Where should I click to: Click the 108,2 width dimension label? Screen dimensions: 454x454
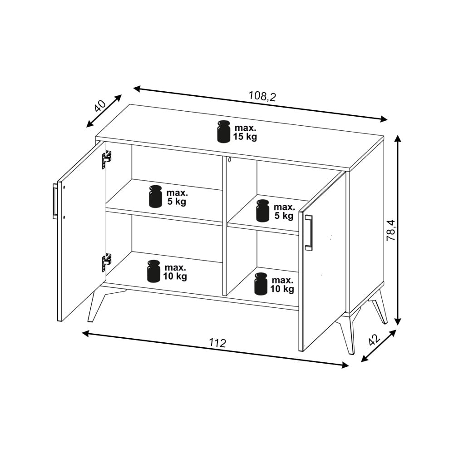tap(262, 96)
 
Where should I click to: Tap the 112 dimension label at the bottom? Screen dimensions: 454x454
tap(217, 343)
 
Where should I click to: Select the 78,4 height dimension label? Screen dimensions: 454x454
tap(390, 230)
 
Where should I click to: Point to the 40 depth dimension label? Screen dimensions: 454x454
tap(100, 106)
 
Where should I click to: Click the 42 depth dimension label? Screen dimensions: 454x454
tap(375, 340)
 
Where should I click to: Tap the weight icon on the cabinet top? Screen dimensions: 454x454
tap(224, 132)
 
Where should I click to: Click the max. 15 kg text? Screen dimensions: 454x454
tap(245, 132)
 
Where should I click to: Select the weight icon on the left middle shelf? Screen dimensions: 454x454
tap(155, 196)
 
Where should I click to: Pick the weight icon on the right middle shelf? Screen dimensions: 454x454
tap(263, 211)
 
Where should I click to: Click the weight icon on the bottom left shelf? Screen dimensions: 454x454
tap(154, 271)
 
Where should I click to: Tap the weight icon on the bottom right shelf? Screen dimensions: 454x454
tap(262, 284)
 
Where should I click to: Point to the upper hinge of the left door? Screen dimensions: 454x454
tap(106, 159)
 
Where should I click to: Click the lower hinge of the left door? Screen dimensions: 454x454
tap(106, 262)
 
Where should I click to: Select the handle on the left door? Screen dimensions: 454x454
tap(55, 201)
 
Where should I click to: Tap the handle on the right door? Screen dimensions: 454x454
tap(309, 232)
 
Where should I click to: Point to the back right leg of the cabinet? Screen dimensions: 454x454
tap(378, 307)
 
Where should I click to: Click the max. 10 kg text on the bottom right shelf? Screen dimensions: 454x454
tap(282, 284)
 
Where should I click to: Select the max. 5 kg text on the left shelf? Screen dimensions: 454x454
tap(177, 197)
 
